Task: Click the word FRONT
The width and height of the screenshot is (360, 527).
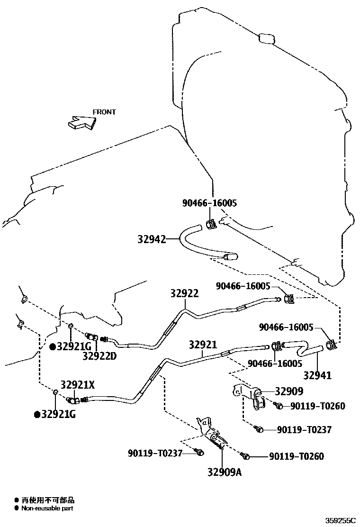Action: [104, 112]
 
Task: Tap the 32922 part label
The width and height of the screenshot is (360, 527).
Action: [184, 293]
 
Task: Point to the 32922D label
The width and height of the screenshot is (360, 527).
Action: [99, 355]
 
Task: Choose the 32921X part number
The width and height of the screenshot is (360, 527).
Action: [77, 385]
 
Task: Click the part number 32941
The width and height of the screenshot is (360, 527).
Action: [317, 375]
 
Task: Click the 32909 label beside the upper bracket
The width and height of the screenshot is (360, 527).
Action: [289, 391]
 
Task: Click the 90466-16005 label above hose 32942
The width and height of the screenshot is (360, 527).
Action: [209, 203]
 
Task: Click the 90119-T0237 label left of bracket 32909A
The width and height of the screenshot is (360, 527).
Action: [155, 453]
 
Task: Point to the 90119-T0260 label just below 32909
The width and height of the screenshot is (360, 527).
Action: [318, 406]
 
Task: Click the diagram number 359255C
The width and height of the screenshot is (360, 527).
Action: [340, 520]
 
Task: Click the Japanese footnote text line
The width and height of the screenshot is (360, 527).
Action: [47, 500]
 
